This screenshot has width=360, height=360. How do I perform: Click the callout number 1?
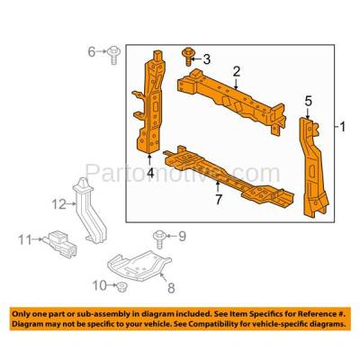click(x=342, y=127)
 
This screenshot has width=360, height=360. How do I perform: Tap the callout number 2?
click(x=237, y=72)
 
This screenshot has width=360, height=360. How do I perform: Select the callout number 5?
click(x=309, y=102)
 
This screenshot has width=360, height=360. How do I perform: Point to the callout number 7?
click(x=219, y=200)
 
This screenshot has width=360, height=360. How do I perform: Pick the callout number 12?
click(x=58, y=204)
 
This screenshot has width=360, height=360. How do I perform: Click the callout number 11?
click(x=25, y=239)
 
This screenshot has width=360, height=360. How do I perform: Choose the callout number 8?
click(x=171, y=288)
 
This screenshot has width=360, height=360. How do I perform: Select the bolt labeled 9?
click(x=158, y=239)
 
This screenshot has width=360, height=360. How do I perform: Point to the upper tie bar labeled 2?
click(x=231, y=100)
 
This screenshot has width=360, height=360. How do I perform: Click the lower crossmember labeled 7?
click(x=228, y=178)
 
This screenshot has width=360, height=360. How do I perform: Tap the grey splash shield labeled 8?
click(x=139, y=265)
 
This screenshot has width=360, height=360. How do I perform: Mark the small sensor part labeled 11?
click(x=61, y=243)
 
